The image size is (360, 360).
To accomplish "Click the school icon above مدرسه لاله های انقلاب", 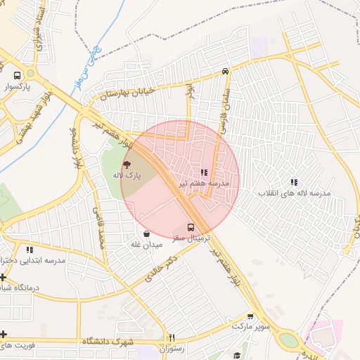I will (293, 181).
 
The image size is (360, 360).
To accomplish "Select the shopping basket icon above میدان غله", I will (146, 233).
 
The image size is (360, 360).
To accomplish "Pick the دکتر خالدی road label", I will (160, 269).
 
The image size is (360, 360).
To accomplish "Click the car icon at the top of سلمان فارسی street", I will (225, 71).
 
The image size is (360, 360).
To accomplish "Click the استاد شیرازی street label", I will (39, 32).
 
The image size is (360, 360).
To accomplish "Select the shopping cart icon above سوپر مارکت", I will (250, 316).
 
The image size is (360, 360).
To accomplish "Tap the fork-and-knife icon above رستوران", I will (172, 337).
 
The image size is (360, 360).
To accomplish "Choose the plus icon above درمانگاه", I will (4, 277).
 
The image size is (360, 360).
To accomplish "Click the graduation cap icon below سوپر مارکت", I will (238, 356).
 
